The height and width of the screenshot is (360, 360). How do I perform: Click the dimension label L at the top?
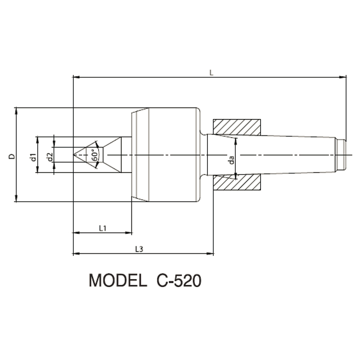(211, 73)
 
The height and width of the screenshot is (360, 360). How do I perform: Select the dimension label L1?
(103, 228)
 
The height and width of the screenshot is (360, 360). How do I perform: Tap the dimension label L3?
(139, 249)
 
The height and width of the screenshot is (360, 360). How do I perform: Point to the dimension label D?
(12, 156)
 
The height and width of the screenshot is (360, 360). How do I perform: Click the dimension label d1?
(34, 157)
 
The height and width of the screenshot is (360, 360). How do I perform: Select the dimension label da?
(231, 160)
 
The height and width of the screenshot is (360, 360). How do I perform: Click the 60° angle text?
(95, 155)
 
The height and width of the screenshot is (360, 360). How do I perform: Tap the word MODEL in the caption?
(118, 280)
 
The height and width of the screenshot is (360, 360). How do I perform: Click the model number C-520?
(179, 280)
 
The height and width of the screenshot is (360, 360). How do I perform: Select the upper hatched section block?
(237, 127)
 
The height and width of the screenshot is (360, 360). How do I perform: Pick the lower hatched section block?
(237, 182)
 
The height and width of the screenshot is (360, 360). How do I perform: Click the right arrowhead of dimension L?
(343, 77)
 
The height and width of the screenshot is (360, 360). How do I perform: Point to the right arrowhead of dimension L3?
(210, 254)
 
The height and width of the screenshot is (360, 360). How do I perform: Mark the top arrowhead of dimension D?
(16, 111)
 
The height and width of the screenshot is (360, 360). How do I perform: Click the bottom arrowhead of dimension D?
(16, 198)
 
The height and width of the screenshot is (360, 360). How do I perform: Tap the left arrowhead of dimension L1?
(76, 233)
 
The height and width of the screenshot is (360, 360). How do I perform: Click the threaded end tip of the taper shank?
(346, 155)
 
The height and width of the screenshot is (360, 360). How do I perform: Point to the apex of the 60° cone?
(73, 155)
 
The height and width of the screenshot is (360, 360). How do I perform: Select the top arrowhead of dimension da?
(236, 141)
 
